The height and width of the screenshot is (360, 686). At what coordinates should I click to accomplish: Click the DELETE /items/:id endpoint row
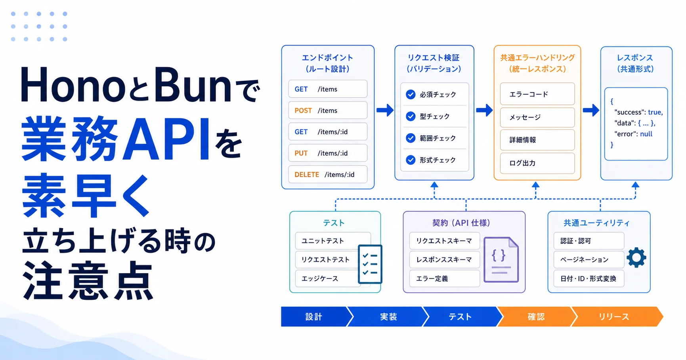328,174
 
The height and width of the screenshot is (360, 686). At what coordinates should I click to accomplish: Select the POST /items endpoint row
328,110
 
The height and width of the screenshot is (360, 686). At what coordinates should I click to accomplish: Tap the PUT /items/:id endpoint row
328,153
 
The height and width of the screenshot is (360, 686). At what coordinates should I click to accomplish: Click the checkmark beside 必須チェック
411,94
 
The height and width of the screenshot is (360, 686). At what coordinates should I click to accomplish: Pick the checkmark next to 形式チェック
411,160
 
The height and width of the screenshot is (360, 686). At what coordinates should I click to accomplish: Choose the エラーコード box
537,94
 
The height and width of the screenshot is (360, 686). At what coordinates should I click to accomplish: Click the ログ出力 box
537,163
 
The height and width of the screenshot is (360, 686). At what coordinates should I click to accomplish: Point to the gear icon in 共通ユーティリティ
636,257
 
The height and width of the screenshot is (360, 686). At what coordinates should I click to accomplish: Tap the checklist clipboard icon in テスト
370,264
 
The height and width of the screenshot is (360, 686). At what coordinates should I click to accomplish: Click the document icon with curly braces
501,260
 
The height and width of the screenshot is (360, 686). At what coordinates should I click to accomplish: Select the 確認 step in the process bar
536,316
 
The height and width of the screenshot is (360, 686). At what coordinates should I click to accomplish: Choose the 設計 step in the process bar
314,316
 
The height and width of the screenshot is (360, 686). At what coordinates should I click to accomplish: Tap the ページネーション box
589,259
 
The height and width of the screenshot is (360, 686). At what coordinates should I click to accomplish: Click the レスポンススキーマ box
444,259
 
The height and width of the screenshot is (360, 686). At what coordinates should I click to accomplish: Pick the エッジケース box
328,278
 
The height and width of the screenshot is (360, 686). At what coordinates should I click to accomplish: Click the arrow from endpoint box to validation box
385,110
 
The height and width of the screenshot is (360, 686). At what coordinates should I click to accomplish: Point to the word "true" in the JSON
655,112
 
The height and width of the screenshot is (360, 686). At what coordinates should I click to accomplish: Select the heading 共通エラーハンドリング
537,57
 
